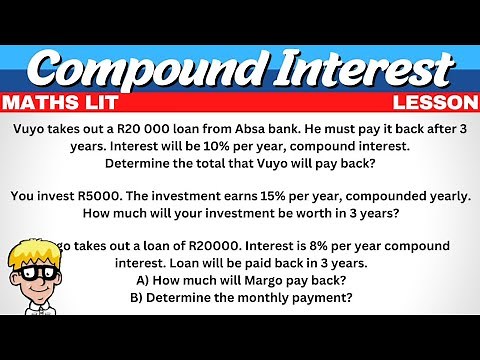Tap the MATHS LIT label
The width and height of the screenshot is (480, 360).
pos(60,103)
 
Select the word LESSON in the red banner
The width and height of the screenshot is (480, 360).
pos(435,103)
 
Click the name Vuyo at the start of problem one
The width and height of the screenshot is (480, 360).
pos(31,129)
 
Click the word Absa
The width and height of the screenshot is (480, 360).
pos(252,129)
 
